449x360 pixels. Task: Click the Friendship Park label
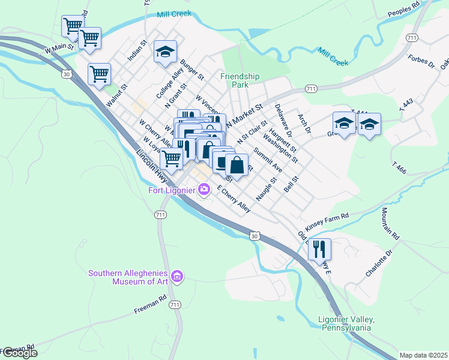click(240, 80)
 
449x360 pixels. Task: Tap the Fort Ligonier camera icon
click(205, 190)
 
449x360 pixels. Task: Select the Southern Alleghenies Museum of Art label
click(128, 277)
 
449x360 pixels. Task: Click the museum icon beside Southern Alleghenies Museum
click(176, 276)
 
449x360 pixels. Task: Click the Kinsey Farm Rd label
click(327, 222)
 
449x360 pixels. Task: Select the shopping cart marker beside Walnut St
click(99, 74)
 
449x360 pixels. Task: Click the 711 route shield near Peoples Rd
click(411, 38)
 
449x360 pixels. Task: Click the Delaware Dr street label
click(282, 118)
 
